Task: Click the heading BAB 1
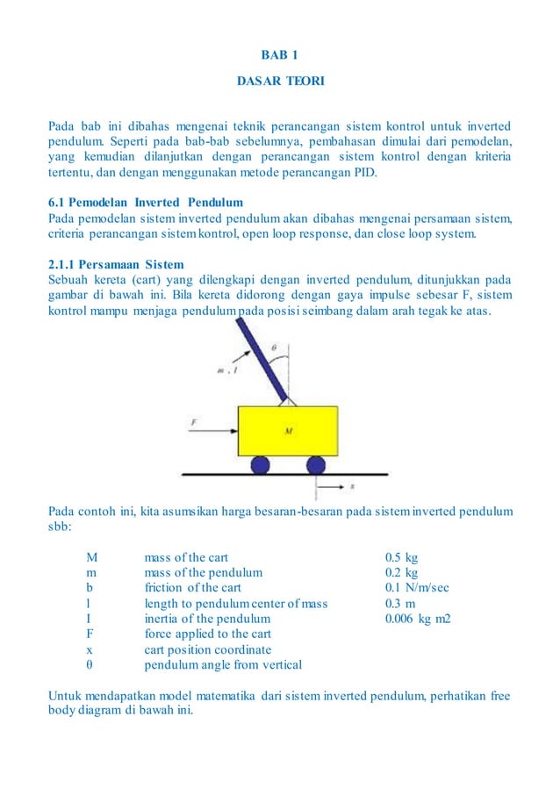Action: click(280, 55)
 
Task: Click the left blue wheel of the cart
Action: click(261, 464)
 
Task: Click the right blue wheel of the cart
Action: click(315, 464)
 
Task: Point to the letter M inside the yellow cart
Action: click(288, 431)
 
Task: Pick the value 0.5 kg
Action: click(402, 557)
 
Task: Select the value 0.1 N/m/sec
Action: click(417, 588)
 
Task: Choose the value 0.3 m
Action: click(400, 604)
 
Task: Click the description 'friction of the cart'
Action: click(192, 588)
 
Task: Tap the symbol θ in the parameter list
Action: click(90, 665)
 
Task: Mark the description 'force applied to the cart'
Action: click(207, 634)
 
